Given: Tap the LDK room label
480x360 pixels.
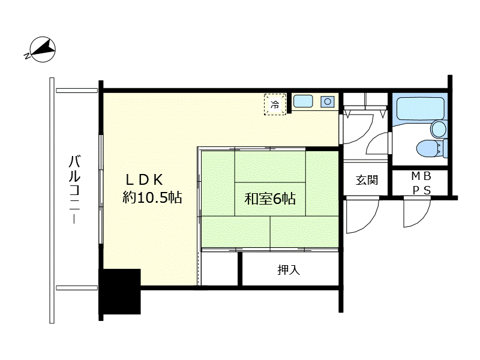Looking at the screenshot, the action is coord(144,180).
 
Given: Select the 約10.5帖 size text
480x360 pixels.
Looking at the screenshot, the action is coord(152,197).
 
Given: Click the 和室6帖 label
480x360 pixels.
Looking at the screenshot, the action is coord(269,199).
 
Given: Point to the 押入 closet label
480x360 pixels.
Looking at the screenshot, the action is coord(289,269).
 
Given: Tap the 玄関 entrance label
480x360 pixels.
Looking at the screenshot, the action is coord(367,180).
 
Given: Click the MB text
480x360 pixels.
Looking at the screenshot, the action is coord(421,176).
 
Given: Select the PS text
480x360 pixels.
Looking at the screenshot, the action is coord(422,190).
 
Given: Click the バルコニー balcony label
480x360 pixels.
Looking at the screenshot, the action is coord(74,190).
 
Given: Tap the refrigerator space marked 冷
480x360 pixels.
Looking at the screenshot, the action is coord(275,104).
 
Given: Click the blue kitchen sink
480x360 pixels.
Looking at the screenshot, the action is coord(303,101).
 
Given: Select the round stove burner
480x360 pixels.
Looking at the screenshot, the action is coord(328,101).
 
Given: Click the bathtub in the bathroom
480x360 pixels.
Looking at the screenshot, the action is coord(420,109).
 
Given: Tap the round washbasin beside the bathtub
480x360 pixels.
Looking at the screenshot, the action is coord(439,128).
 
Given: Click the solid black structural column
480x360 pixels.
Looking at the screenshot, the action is coord(119,292).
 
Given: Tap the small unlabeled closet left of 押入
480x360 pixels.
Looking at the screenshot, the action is coord(220,268).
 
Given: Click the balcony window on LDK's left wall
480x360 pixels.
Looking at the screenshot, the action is coord(101,189).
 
